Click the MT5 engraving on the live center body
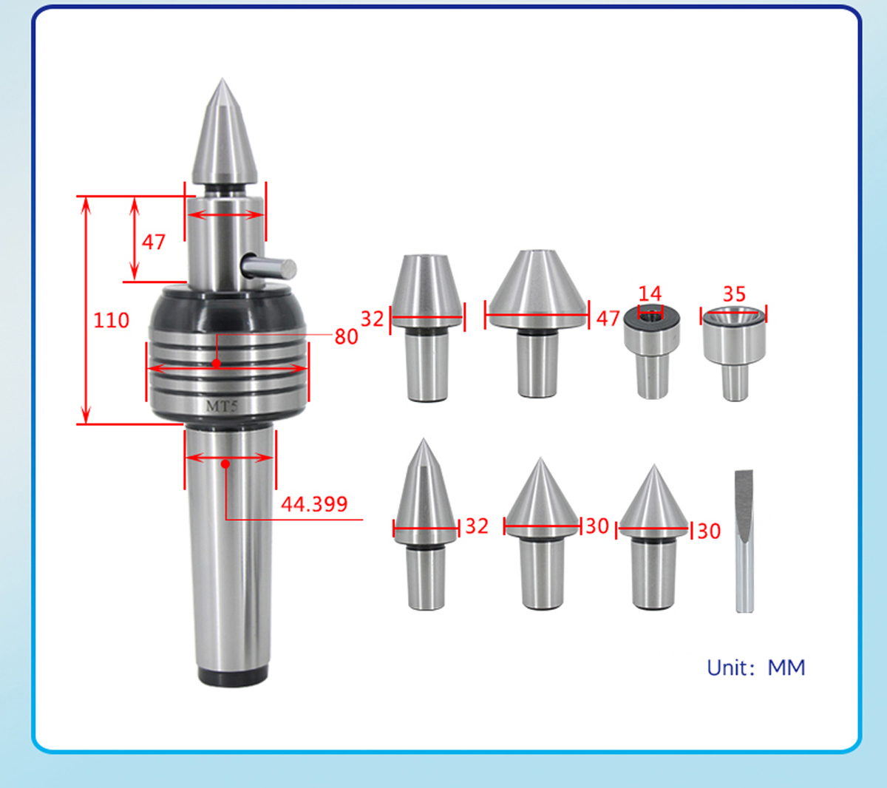[222, 407]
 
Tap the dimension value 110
[111, 321]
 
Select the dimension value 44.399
[314, 504]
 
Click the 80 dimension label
[347, 337]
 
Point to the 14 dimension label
[650, 293]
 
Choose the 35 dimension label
[734, 294]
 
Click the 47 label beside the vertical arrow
[153, 242]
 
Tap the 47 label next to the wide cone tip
[608, 319]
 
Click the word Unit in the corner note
[727, 668]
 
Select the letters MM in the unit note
[786, 668]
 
